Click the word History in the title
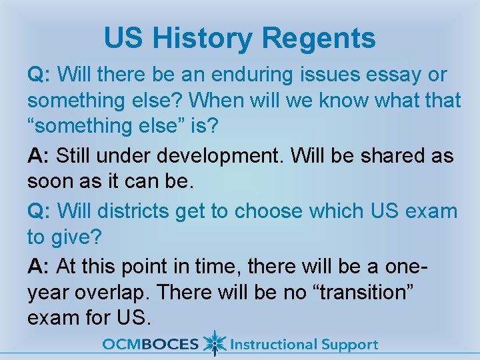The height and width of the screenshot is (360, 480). tap(203, 38)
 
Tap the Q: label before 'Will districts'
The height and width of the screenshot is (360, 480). tap(39, 211)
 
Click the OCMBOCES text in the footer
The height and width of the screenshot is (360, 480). tap(150, 345)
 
